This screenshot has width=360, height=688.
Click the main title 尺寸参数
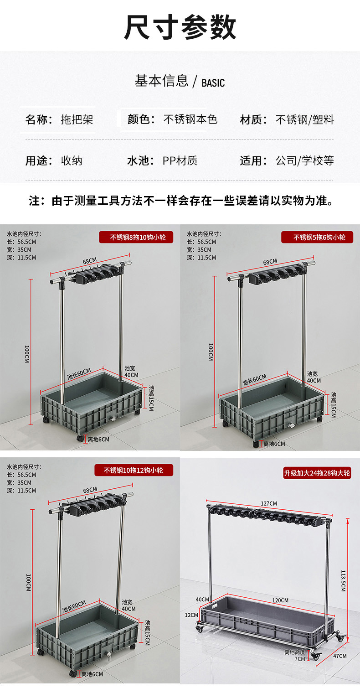[x=180, y=27]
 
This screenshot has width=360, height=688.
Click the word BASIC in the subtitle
[x=213, y=83]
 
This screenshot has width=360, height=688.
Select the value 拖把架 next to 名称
[x=77, y=119]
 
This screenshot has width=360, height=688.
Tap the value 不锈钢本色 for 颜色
[x=190, y=119]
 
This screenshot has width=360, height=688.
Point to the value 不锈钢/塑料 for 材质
[x=304, y=119]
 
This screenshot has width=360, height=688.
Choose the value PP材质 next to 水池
[x=180, y=160]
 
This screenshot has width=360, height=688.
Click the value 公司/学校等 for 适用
[x=304, y=160]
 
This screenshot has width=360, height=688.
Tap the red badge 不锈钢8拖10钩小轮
[x=136, y=238]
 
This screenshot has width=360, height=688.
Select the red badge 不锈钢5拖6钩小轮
[x=317, y=238]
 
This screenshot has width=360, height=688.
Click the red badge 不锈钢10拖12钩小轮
[x=134, y=470]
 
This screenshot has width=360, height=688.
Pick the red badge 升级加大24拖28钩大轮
[x=317, y=473]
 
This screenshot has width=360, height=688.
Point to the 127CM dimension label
[x=269, y=503]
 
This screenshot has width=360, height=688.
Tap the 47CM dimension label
[x=340, y=656]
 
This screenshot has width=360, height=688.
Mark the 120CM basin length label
[x=280, y=600]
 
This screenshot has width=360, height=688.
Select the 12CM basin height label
[x=191, y=615]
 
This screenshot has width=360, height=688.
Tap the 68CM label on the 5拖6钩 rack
[x=270, y=262]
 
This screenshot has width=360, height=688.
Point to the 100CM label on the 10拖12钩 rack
[x=28, y=583]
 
